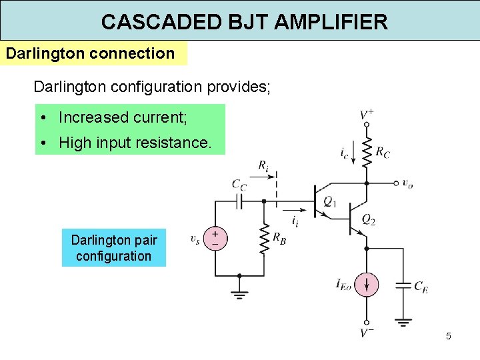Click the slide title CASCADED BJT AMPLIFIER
[x=244, y=21]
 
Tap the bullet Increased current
[x=123, y=118]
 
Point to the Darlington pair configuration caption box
[x=113, y=248]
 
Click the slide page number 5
[x=449, y=336]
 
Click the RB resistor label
[x=280, y=239]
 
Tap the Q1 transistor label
[x=330, y=200]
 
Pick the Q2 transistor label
[x=368, y=219]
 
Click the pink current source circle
[x=366, y=285]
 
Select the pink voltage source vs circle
[x=215, y=239]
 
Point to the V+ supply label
[x=366, y=115]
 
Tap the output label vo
[x=407, y=183]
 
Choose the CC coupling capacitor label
[x=239, y=184]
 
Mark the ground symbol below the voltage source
[x=239, y=293]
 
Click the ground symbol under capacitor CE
[x=403, y=322]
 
